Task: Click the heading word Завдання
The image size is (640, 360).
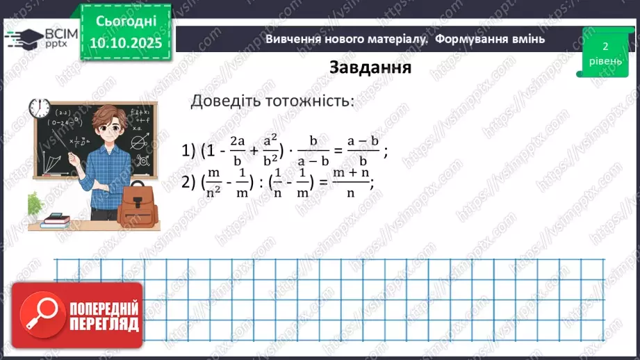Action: pyautogui.click(x=370, y=67)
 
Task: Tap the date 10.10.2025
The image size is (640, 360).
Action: pyautogui.click(x=123, y=43)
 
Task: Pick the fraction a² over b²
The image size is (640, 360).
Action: pyautogui.click(x=269, y=149)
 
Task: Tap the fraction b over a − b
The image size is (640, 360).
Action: pyautogui.click(x=313, y=149)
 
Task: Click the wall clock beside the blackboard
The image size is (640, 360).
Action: pyautogui.click(x=39, y=108)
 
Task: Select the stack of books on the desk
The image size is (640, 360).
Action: pyautogui.click(x=56, y=221)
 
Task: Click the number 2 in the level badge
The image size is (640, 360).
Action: pyautogui.click(x=605, y=47)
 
